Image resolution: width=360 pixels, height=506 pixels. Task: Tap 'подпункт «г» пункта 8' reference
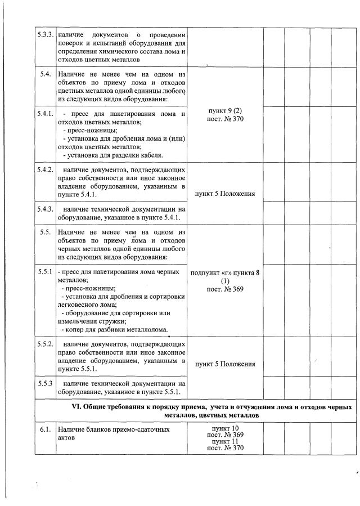[x=225, y=272]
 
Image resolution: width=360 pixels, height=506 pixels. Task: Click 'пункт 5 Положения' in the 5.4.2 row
[x=225, y=194]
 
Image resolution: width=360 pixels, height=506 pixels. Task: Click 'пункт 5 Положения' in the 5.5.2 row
[x=225, y=364]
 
